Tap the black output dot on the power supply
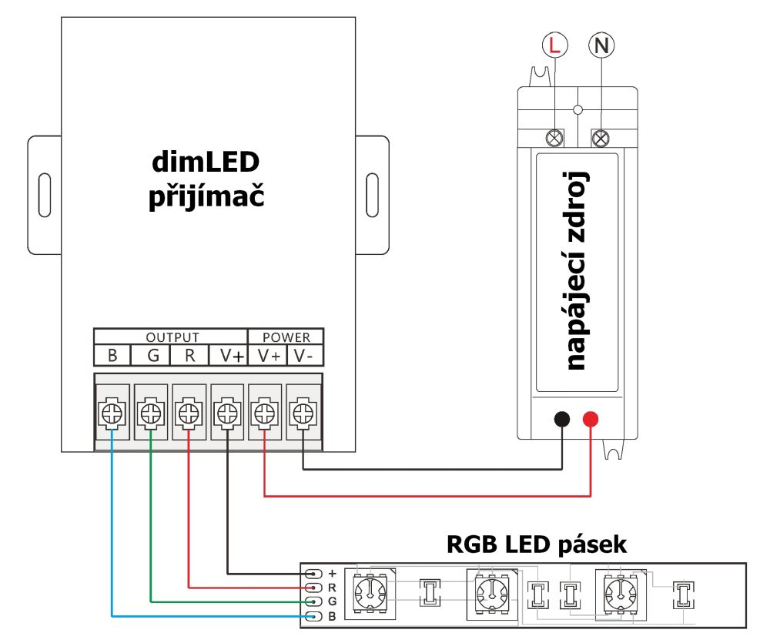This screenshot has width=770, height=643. (x=562, y=420)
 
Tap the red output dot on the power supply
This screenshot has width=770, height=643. (x=591, y=420)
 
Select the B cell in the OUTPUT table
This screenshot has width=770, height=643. (x=112, y=356)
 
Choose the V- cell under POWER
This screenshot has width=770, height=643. (x=304, y=356)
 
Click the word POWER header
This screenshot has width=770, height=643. (x=286, y=337)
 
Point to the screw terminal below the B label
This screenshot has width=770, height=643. (x=112, y=414)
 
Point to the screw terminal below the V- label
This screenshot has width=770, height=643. (x=302, y=414)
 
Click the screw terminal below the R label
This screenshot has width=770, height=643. (x=189, y=414)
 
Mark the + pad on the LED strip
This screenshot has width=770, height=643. (x=313, y=574)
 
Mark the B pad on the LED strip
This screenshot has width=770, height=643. (x=313, y=616)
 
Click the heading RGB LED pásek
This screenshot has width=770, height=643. (x=537, y=544)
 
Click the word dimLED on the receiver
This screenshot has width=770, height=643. (x=206, y=162)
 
